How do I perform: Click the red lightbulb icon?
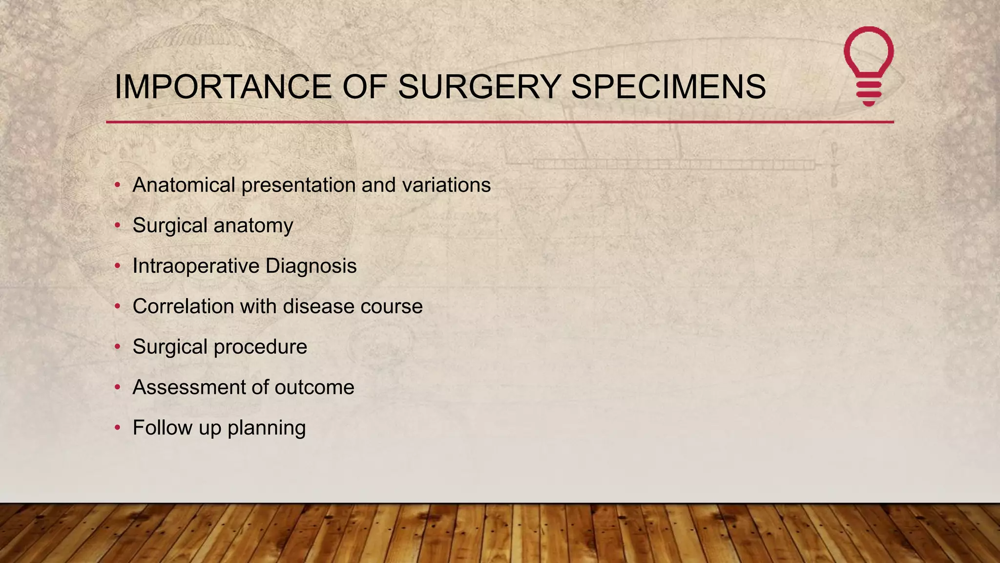[869, 66]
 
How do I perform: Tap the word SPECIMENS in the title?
[668, 87]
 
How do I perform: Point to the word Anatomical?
[184, 185]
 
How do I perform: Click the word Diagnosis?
[311, 266]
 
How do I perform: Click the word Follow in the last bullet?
[163, 428]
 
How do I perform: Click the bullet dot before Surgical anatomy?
[117, 226]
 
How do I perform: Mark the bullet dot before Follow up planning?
[117, 428]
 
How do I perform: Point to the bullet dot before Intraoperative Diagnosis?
[117, 266]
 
